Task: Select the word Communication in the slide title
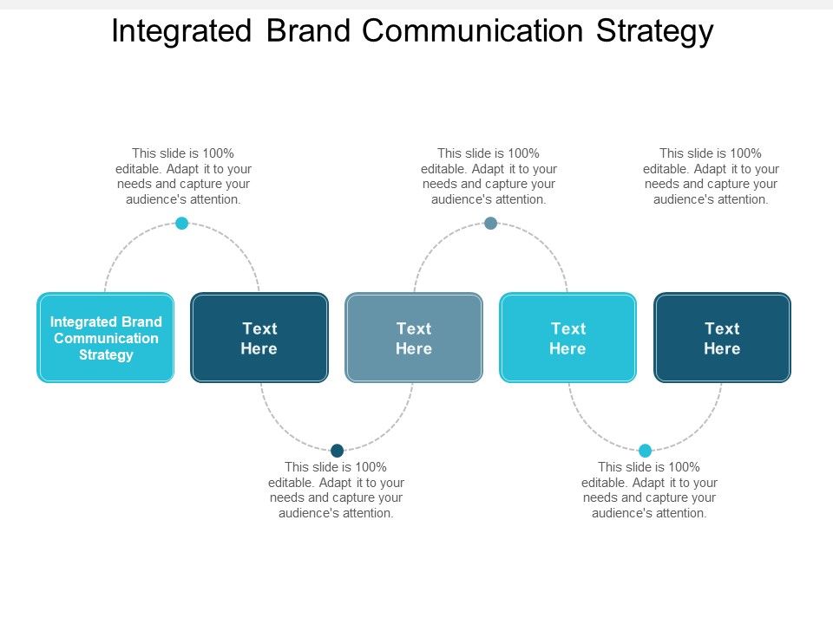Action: tap(474, 31)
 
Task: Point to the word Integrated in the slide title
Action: tap(181, 31)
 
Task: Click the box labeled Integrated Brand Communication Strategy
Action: tap(106, 338)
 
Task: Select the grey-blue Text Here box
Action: tap(414, 338)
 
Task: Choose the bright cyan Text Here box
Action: tap(568, 338)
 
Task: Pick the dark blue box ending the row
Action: tap(722, 338)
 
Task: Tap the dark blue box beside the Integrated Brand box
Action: tap(259, 338)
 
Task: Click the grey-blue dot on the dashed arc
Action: tap(490, 224)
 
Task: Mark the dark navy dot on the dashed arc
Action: tap(338, 450)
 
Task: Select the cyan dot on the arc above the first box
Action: tap(182, 224)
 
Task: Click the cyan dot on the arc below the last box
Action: tap(645, 451)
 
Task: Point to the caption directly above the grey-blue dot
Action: tap(489, 176)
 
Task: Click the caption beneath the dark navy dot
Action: tap(337, 490)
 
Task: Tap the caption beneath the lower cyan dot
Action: tap(649, 490)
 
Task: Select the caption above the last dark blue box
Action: tap(711, 176)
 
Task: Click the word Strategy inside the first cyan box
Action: tap(106, 354)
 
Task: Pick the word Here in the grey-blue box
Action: tap(414, 348)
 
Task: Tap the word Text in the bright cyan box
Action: tap(568, 328)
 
